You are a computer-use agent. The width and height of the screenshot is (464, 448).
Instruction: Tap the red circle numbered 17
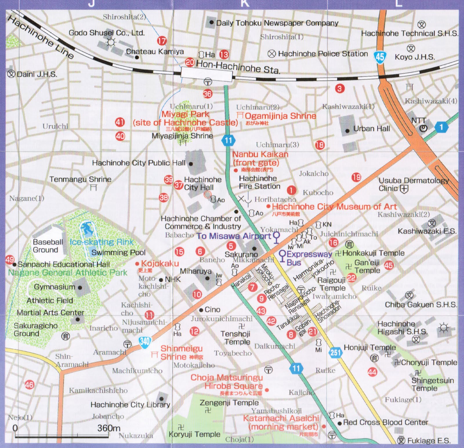(x=162, y=41)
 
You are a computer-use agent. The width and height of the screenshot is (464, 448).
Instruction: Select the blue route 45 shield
(x=380, y=56)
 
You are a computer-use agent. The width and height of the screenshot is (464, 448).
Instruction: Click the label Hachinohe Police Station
(x=322, y=54)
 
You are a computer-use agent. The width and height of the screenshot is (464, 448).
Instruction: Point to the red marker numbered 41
(x=120, y=122)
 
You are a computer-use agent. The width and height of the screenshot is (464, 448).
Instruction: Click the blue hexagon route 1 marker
(x=441, y=127)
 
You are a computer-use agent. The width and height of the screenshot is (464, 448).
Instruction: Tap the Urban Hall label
(x=371, y=129)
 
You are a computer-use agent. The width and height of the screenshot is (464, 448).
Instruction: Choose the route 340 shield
(x=144, y=341)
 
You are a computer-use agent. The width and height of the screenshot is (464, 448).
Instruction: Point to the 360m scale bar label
(x=109, y=428)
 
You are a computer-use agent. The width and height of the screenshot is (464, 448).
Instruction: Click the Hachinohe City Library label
(x=130, y=404)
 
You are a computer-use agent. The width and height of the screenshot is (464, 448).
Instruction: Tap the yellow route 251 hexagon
(x=335, y=352)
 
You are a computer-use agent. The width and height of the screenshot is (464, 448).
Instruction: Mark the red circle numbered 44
(x=372, y=372)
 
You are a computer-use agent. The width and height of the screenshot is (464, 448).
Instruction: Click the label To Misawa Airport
(x=234, y=236)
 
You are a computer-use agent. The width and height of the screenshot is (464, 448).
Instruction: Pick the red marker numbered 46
(x=29, y=385)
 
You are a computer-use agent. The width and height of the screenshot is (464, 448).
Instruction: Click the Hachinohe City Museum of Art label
(x=334, y=207)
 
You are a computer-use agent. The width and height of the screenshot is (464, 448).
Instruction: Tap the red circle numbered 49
(x=10, y=259)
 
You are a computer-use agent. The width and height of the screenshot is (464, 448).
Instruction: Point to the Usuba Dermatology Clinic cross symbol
(x=404, y=189)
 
